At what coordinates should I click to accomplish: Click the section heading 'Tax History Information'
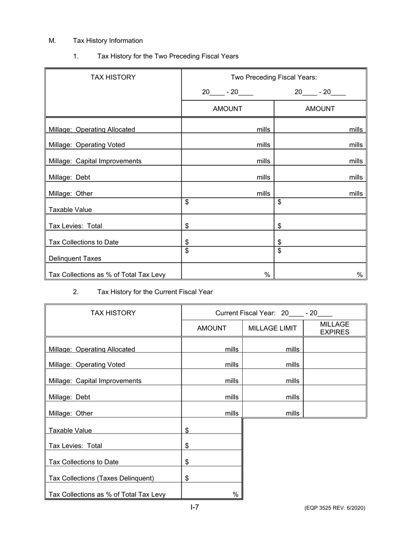[108, 41]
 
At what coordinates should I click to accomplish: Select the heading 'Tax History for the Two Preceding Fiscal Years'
[168, 56]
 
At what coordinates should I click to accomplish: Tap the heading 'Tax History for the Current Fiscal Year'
[155, 292]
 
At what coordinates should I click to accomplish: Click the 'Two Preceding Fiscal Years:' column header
[274, 78]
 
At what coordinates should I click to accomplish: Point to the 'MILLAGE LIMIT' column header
[272, 329]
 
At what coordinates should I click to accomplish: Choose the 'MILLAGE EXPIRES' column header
[335, 329]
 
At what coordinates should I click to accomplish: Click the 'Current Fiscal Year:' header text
[246, 313]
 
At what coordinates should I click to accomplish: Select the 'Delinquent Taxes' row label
[75, 258]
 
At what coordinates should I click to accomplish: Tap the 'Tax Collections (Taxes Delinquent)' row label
[101, 478]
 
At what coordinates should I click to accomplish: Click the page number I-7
[194, 507]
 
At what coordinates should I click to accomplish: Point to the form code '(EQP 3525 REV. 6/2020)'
[335, 508]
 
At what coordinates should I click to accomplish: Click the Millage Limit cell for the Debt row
[272, 394]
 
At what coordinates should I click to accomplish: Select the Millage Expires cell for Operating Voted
[335, 361]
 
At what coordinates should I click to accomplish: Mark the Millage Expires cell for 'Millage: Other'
[335, 410]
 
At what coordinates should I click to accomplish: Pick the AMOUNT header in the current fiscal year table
[212, 329]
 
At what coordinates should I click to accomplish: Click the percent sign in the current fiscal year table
[235, 495]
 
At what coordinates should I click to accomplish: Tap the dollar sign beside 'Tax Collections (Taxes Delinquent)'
[187, 478]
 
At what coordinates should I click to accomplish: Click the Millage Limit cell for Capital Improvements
[272, 377]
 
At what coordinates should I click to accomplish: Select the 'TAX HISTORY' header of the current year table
[113, 313]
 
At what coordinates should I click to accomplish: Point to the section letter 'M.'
[52, 41]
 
